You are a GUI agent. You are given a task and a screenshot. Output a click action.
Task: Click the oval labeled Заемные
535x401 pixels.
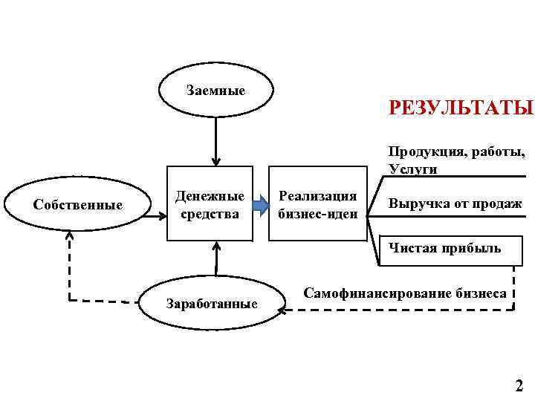215,91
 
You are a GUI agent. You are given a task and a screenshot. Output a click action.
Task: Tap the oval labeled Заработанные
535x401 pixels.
213,304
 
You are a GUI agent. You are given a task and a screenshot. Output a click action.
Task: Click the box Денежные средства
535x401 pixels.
210,206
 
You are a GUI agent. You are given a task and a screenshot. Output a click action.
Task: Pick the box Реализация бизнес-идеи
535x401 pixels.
317,206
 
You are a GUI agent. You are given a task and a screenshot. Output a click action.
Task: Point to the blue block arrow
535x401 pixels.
261,203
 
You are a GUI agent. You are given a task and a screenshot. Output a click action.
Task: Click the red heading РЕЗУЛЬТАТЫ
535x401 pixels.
461,108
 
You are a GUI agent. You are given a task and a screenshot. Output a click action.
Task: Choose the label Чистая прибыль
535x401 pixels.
445,248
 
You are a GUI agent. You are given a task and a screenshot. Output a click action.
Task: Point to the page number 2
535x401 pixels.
519,385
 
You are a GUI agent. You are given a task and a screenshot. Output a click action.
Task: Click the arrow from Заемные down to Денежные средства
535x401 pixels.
215,141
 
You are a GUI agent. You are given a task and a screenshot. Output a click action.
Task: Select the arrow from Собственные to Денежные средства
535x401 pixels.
154,218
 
